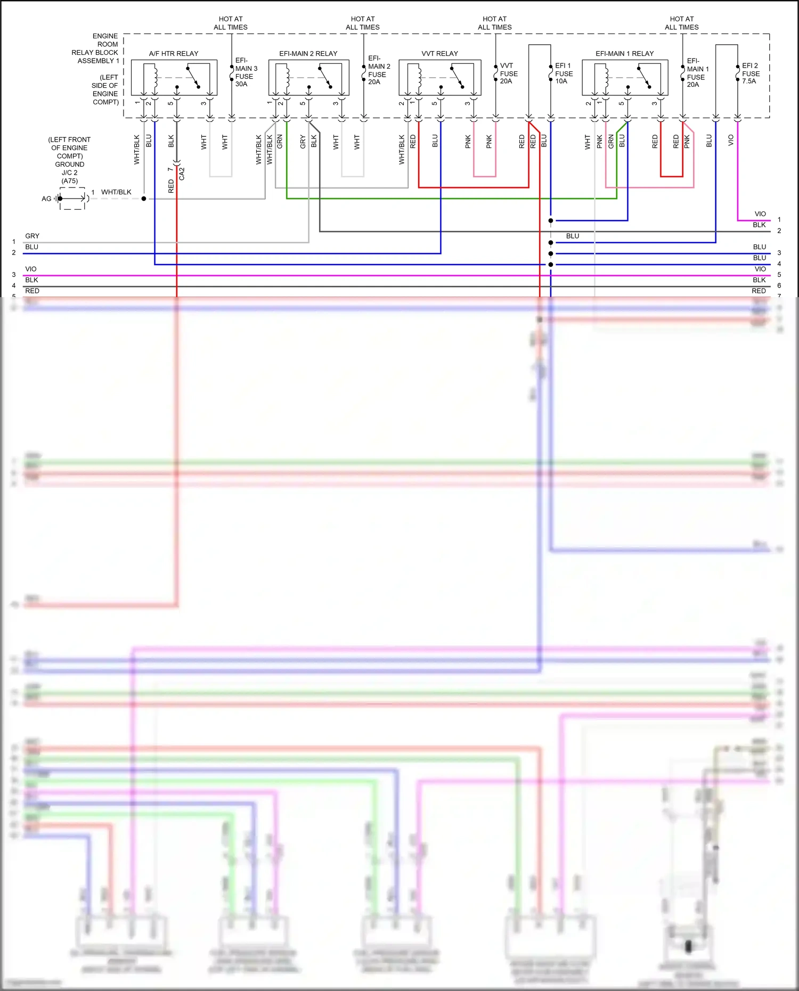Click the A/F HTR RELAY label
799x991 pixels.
(173, 54)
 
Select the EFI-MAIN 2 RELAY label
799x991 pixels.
(308, 54)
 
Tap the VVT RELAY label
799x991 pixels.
(439, 54)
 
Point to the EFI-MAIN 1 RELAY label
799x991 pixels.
(624, 54)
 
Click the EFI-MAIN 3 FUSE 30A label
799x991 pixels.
(246, 72)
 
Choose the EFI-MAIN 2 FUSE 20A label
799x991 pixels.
(379, 70)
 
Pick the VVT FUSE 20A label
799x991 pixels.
(508, 73)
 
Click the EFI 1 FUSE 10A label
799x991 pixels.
(564, 73)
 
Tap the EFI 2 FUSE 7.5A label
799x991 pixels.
(751, 73)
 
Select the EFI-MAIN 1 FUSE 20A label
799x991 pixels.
(697, 72)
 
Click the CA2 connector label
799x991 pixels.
(182, 174)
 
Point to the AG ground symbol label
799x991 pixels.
(46, 199)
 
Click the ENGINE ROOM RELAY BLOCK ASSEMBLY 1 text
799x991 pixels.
(96, 48)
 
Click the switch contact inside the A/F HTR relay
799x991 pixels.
(193, 77)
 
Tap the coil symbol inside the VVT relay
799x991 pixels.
(418, 77)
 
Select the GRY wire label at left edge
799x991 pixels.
(32, 236)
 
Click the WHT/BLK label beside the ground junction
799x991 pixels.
(116, 192)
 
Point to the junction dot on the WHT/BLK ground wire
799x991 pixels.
(144, 199)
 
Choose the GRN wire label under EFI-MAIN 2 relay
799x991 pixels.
(280, 142)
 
